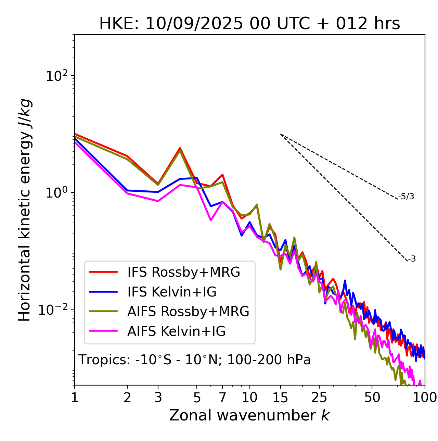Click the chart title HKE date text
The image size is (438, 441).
(249, 24)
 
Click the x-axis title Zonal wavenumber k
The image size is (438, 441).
(249, 415)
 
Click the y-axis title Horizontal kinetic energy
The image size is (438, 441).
(25, 210)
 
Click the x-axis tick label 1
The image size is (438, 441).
(75, 397)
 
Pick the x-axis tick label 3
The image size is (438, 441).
(158, 397)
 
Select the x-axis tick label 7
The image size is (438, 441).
(222, 397)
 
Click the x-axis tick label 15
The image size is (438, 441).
(280, 397)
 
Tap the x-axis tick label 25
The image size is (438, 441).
(319, 397)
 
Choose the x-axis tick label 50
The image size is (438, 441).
(372, 397)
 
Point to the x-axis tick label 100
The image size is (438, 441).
(425, 397)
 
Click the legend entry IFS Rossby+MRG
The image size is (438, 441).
(183, 272)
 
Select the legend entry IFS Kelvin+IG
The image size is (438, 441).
(172, 292)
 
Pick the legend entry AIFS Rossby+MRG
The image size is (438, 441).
(188, 312)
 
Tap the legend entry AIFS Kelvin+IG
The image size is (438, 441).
(176, 331)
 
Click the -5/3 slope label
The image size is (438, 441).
(406, 197)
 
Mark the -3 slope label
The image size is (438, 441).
(412, 259)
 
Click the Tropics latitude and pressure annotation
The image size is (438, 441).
(194, 360)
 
